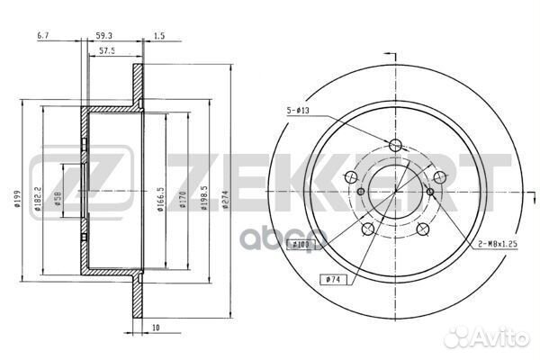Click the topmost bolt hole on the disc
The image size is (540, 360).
[394, 146]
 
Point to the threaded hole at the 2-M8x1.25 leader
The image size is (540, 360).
[431, 192]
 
